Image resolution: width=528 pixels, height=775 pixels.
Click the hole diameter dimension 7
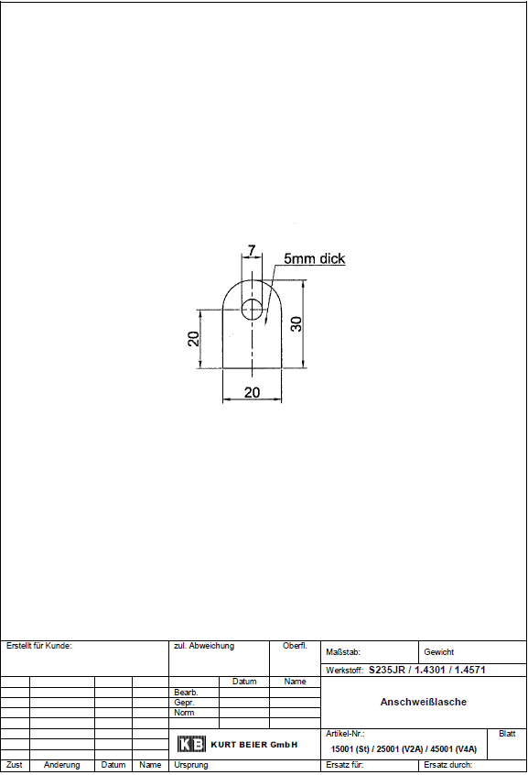point(252,250)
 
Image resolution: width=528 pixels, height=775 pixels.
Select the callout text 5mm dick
point(314,258)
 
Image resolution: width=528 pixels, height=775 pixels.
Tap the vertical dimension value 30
point(296,324)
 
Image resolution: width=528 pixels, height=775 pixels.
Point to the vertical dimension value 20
point(193,339)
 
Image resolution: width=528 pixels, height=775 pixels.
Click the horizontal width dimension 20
point(252,392)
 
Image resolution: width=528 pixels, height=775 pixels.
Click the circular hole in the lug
point(252,310)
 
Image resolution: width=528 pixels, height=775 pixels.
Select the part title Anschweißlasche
point(424,702)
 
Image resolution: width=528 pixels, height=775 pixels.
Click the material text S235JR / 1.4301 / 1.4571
point(427,670)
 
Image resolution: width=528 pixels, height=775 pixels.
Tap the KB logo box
point(191,744)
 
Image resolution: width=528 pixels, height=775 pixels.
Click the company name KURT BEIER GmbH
point(254,745)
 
